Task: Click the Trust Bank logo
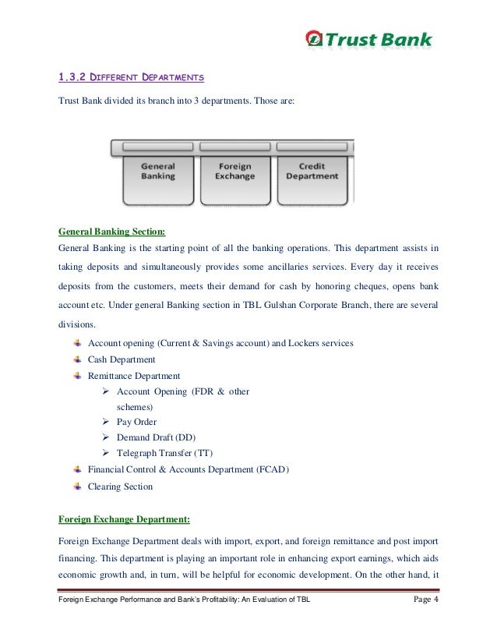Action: click(368, 39)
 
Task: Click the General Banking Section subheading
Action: click(111, 232)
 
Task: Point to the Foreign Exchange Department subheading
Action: click(124, 518)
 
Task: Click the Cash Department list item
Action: click(122, 359)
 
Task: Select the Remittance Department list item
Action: click(134, 376)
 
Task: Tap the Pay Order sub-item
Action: click(136, 422)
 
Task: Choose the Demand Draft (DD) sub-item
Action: click(156, 437)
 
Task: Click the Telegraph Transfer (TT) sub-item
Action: click(164, 453)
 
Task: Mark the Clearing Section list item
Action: click(120, 487)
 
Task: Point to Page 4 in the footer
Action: click(425, 622)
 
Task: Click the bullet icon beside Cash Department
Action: click(77, 359)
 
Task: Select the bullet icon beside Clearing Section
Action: click(77, 486)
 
